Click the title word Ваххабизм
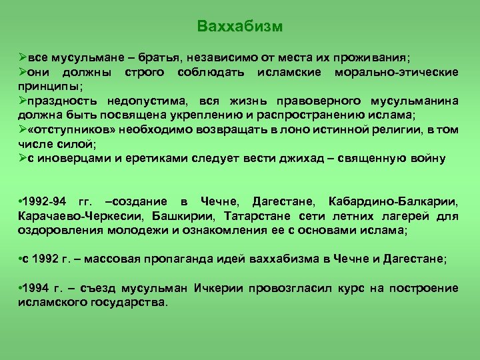pyautogui.click(x=240, y=27)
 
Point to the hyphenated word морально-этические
pyautogui.click(x=403, y=72)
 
